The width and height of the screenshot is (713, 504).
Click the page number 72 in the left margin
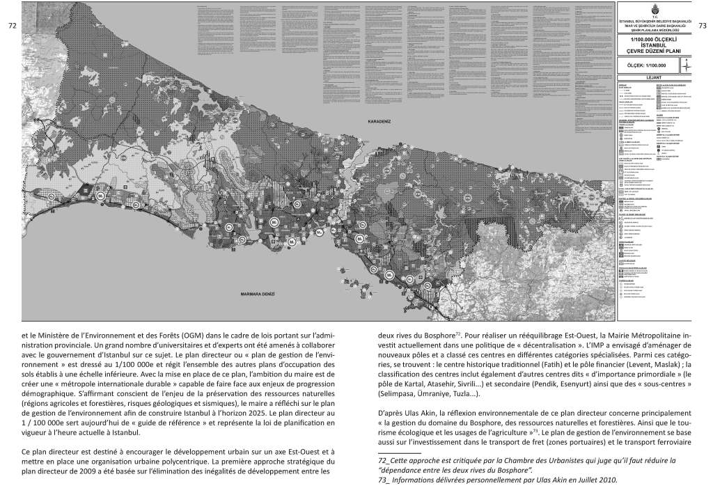click(11, 26)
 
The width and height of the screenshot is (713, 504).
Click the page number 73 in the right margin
click(701, 26)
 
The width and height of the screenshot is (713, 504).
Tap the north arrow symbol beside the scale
click(687, 65)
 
